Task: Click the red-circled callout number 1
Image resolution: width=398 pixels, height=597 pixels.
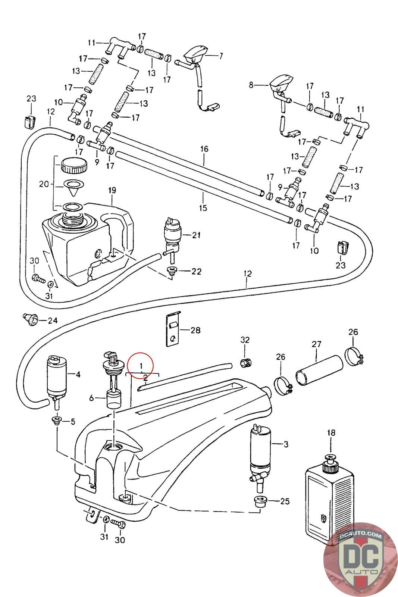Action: [141, 365]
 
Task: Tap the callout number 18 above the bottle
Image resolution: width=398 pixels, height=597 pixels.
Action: [331, 432]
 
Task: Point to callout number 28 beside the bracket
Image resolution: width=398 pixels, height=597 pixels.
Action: [195, 330]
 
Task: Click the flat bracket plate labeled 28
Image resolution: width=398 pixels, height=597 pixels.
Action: [173, 329]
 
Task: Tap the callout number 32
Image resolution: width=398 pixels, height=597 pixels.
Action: [245, 340]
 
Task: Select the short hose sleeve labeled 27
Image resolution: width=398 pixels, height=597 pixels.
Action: [319, 371]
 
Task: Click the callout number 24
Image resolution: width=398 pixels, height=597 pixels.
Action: [53, 320]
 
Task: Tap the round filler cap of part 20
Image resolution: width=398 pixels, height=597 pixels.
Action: [74, 166]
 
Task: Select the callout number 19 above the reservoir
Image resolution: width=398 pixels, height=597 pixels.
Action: [112, 190]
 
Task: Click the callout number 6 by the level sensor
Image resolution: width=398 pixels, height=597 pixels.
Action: [91, 398]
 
